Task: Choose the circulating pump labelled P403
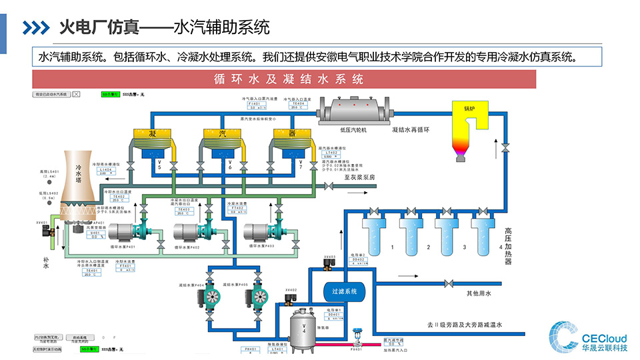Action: point(264,231)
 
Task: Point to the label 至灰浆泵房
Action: point(360,177)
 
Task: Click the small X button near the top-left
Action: point(76,95)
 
